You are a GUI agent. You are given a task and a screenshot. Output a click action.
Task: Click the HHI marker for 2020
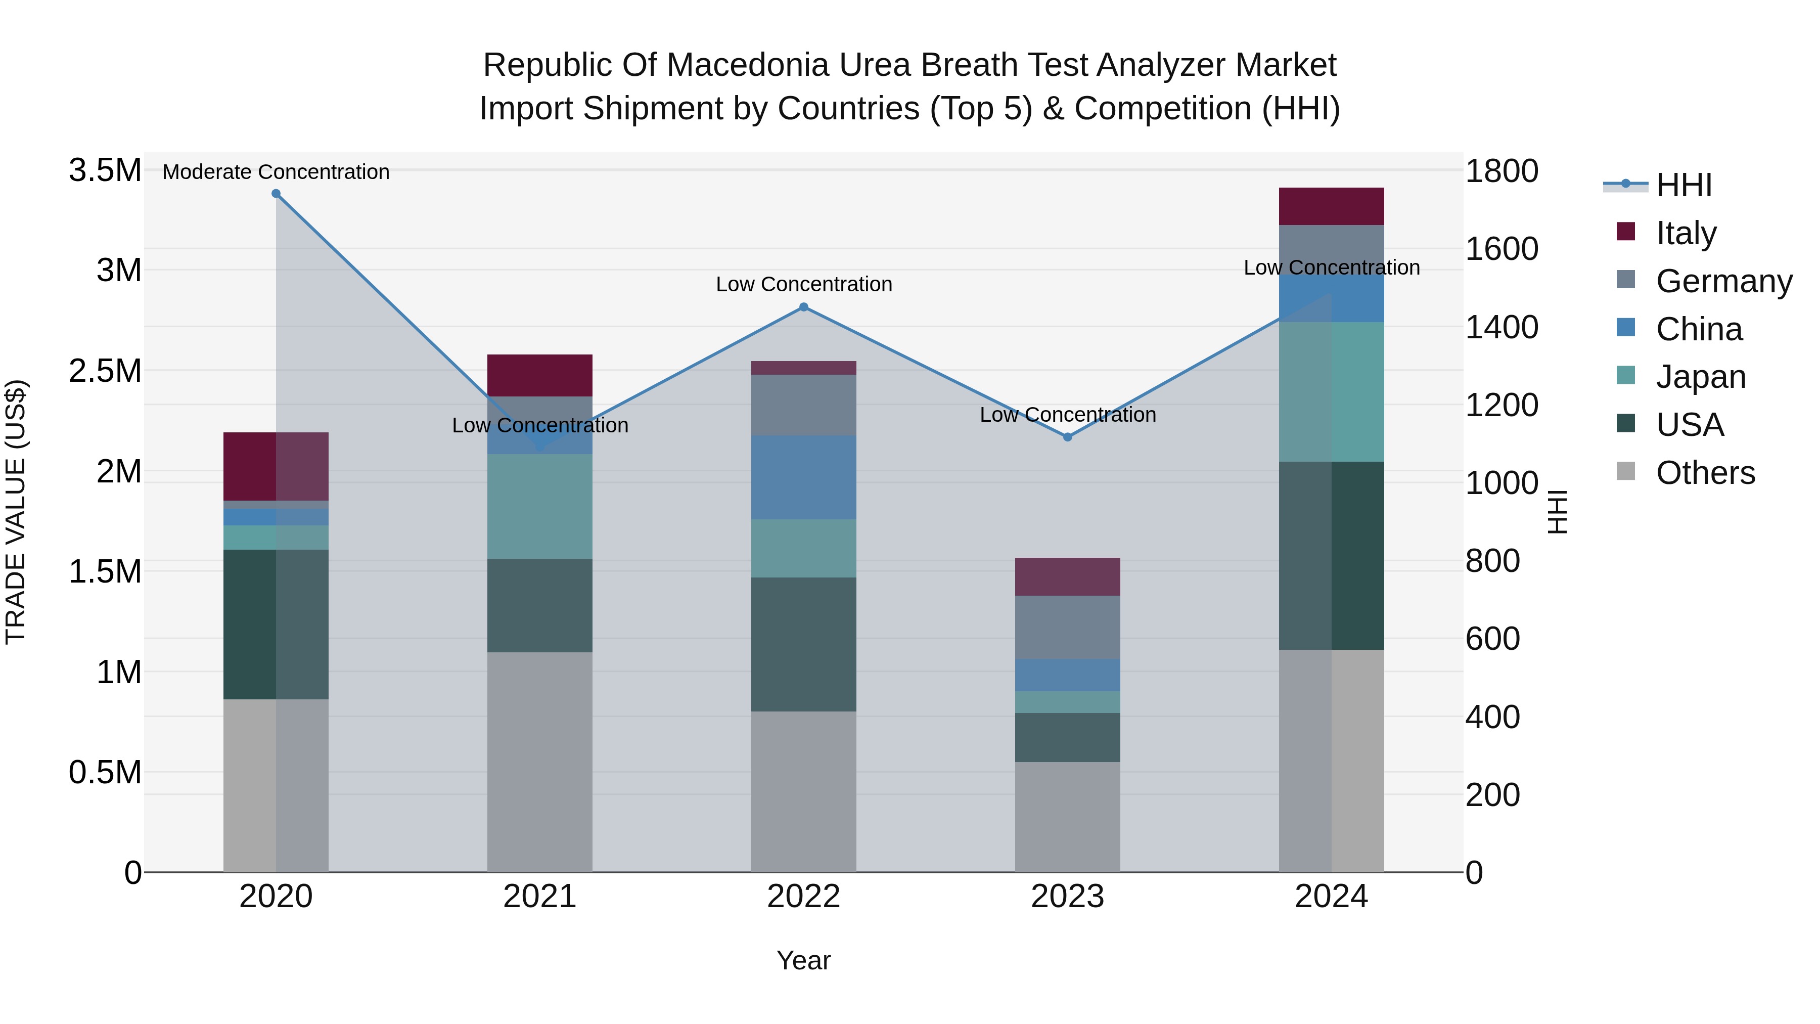[x=276, y=194]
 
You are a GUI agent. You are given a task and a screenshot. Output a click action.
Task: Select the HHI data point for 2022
[x=803, y=307]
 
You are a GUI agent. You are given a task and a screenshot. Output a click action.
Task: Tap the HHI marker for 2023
[x=1068, y=437]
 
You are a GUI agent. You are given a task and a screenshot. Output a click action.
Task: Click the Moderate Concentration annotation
[x=276, y=172]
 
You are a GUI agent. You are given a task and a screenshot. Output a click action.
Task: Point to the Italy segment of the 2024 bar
[x=1331, y=206]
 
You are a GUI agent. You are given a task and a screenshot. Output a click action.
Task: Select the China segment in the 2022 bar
[x=803, y=478]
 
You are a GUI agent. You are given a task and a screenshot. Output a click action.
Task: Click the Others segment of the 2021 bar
[x=540, y=762]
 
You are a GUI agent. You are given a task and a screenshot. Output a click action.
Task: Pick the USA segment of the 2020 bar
[x=276, y=625]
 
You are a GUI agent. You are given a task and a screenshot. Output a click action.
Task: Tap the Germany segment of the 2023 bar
[x=1068, y=628]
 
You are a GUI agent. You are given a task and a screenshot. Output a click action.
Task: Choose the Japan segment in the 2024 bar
[x=1331, y=392]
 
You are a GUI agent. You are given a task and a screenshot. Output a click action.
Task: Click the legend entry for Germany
[x=1723, y=281]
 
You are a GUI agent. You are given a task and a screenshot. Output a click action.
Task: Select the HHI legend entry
[x=1683, y=185]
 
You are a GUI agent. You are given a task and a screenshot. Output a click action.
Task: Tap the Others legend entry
[x=1705, y=473]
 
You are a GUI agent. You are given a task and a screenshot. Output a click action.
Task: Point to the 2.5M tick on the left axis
[x=105, y=371]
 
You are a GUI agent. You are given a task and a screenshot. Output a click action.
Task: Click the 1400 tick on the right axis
[x=1501, y=328]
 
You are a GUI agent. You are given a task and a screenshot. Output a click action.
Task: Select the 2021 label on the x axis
[x=540, y=897]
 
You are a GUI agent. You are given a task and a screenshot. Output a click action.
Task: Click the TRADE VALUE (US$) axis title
[x=16, y=512]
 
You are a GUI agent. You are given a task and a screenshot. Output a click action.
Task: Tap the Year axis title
[x=803, y=960]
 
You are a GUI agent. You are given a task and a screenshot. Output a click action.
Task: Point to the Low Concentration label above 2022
[x=803, y=284]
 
